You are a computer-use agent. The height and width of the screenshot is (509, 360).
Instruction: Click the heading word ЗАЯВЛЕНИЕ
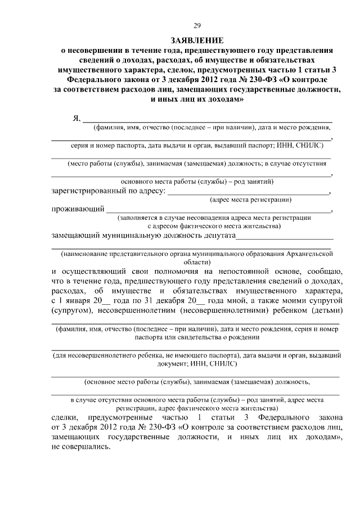click(x=197, y=40)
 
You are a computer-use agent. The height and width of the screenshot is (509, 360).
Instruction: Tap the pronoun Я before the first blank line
click(x=76, y=119)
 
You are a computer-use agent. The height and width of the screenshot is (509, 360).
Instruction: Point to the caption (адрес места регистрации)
click(x=250, y=200)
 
